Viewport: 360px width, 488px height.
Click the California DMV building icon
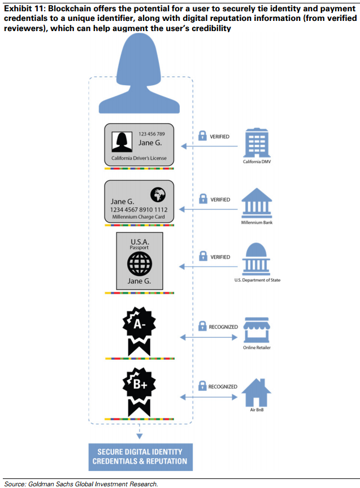click(x=257, y=143)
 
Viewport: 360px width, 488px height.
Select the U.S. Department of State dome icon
click(x=257, y=259)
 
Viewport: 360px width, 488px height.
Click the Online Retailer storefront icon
click(x=257, y=330)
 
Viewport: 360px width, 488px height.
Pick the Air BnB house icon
click(x=257, y=393)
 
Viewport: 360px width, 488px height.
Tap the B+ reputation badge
click(x=139, y=392)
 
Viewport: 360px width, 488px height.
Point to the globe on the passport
click(x=140, y=264)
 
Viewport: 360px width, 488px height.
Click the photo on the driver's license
click(x=122, y=142)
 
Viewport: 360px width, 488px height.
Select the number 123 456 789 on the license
click(x=151, y=134)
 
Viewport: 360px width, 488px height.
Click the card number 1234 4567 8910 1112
click(x=138, y=210)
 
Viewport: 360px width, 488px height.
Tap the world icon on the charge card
click(x=158, y=195)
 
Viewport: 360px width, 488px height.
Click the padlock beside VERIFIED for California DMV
click(x=202, y=136)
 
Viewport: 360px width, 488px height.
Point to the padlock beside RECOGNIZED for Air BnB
click(x=202, y=386)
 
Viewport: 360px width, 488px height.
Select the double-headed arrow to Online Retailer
click(x=209, y=337)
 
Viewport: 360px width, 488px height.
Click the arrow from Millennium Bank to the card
click(x=209, y=210)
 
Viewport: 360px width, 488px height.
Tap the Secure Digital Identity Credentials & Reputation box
click(x=141, y=457)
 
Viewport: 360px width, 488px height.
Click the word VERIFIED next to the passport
click(x=220, y=257)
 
